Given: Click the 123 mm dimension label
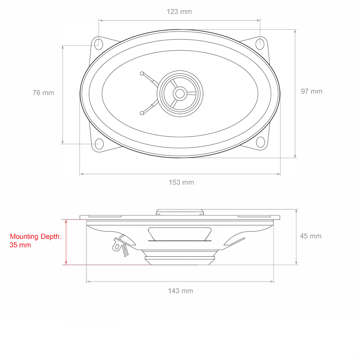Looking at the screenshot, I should pos(179,12).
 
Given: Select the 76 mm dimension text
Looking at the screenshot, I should pos(43,93).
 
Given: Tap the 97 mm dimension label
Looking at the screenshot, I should pos(312,91).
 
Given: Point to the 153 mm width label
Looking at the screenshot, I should pos(181,182).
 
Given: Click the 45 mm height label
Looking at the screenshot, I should pos(311,236).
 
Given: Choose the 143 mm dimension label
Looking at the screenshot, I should pos(180,291).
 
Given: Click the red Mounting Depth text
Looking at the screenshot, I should pos(35,241).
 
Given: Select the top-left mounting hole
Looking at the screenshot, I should pos(98,43).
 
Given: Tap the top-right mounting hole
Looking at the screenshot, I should pos(260,43).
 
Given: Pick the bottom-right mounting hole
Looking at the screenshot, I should pos(260,142).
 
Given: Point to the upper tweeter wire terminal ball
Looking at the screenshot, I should pos(142,73).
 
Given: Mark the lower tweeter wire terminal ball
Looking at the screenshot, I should pos(141,113).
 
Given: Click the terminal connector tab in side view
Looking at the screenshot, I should pos(117,246).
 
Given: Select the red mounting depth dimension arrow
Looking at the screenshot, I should pos(66,242).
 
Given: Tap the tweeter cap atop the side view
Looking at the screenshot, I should pos(180,212).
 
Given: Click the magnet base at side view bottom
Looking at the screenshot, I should pos(180,260).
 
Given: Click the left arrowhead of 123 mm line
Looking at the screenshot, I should pos(101,21).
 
